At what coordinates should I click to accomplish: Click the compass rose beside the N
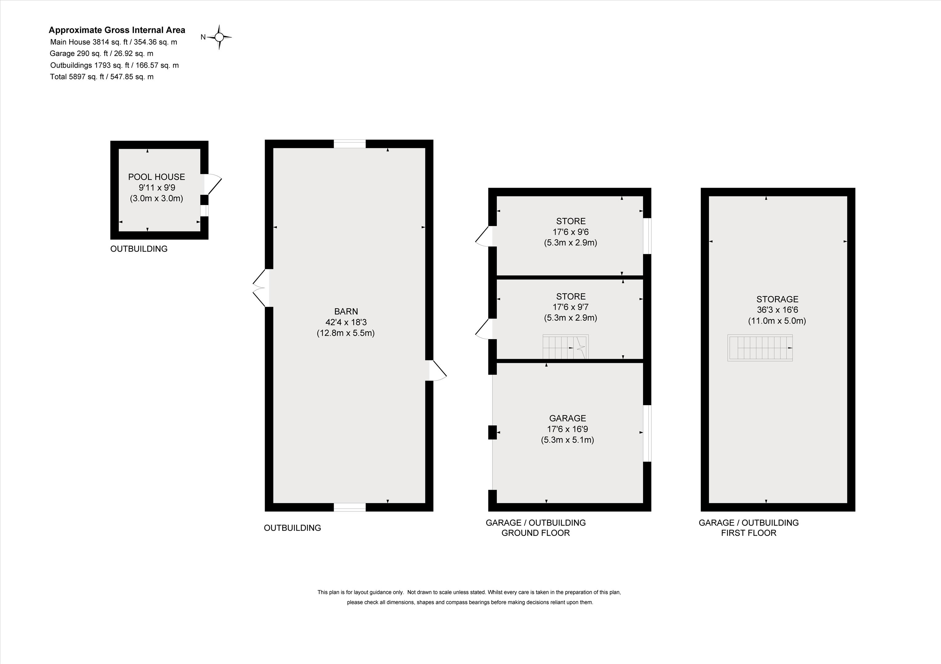219,37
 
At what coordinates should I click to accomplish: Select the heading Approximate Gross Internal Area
117,30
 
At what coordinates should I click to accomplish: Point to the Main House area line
114,42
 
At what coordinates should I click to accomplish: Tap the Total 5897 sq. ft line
102,77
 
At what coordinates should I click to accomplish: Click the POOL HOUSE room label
157,177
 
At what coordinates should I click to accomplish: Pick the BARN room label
346,311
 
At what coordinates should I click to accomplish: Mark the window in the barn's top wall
350,144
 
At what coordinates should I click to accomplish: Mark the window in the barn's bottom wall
350,507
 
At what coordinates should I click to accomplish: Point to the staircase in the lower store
565,347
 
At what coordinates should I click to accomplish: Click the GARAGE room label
568,418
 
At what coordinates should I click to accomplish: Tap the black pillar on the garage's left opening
492,432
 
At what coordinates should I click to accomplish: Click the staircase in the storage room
760,348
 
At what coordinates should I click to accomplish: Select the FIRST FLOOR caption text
749,533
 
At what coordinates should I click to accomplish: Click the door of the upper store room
484,236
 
